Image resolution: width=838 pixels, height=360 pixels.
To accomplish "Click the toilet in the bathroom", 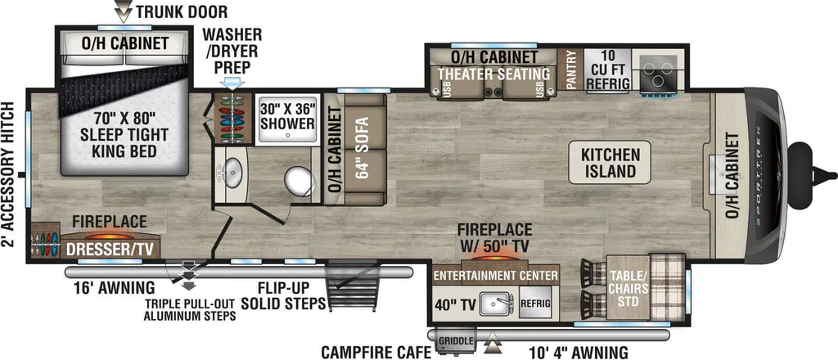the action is pyautogui.click(x=298, y=182).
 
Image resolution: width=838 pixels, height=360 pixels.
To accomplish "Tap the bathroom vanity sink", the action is pyautogui.click(x=233, y=173).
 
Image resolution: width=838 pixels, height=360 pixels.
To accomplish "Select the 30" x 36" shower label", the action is pyautogui.click(x=287, y=115).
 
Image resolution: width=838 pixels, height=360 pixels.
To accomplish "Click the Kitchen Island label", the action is pyautogui.click(x=610, y=163).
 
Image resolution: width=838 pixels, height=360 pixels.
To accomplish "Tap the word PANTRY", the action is pyautogui.click(x=570, y=69).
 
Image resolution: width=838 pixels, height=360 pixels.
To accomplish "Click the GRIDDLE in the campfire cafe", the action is pyautogui.click(x=455, y=340).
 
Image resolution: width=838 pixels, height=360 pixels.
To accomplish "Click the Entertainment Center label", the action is pyautogui.click(x=495, y=277).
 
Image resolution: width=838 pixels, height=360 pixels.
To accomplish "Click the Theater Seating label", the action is pyautogui.click(x=493, y=74).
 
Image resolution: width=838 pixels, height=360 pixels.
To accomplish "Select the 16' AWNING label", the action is pyautogui.click(x=114, y=288).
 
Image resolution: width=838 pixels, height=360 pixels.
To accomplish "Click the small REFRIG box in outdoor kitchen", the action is pyautogui.click(x=535, y=305).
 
